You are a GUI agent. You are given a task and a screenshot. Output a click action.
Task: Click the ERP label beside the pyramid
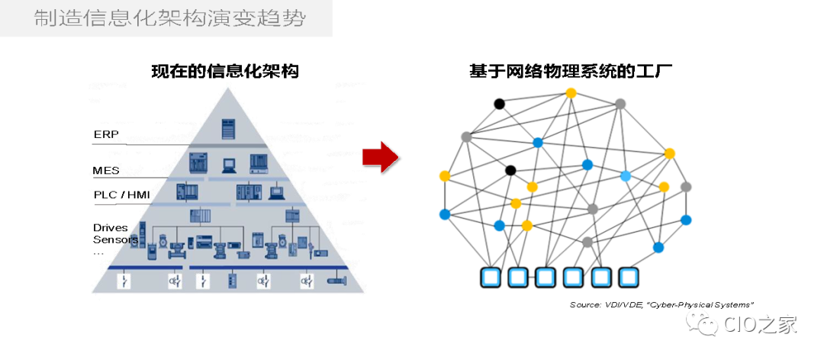point(106,134)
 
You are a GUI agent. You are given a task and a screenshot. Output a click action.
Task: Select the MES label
point(107,170)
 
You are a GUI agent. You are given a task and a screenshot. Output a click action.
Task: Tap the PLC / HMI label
point(121,194)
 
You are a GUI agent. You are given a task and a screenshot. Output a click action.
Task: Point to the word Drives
point(111,227)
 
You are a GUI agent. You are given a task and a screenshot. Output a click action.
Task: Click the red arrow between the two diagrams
point(381,156)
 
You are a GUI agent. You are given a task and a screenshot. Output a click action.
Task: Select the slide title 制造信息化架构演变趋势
point(169,19)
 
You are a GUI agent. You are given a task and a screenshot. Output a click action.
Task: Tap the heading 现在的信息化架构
point(224,72)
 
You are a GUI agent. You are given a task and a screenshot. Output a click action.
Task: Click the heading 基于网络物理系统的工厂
point(571,72)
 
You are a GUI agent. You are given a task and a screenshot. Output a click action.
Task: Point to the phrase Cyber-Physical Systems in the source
point(710,304)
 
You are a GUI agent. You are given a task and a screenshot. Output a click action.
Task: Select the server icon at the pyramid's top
point(227,128)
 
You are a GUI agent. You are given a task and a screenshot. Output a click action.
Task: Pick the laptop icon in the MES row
point(228,163)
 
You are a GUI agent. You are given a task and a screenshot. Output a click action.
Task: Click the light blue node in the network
point(626,176)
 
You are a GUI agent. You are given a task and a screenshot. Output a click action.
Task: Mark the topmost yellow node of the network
point(571,93)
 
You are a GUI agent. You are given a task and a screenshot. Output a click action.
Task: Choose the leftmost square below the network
point(491,277)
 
